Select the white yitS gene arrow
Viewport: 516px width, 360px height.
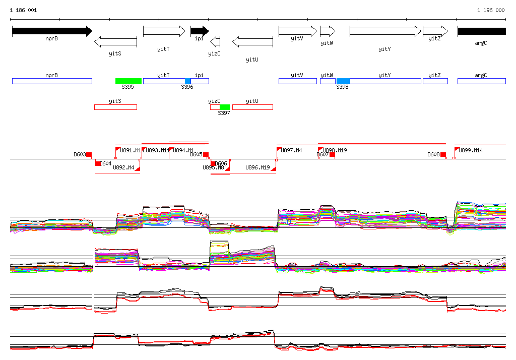115,41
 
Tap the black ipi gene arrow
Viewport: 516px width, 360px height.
199,31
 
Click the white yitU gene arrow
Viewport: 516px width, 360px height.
252,41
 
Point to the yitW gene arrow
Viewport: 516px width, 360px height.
328,31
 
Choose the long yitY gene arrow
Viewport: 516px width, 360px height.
385,31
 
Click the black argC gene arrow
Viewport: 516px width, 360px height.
481,31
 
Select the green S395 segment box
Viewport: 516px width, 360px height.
128,81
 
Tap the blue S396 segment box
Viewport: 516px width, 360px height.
188,81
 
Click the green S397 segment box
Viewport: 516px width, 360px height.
225,107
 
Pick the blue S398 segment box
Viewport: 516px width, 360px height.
343,81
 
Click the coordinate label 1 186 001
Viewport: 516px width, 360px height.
23,10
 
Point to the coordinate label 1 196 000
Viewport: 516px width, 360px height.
491,10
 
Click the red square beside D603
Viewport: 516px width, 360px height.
89,154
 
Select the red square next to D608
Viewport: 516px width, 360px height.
443,154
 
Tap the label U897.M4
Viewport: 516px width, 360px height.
291,150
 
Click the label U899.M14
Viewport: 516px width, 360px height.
471,150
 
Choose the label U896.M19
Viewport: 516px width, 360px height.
257,167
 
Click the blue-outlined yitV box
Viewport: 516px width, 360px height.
297,81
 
